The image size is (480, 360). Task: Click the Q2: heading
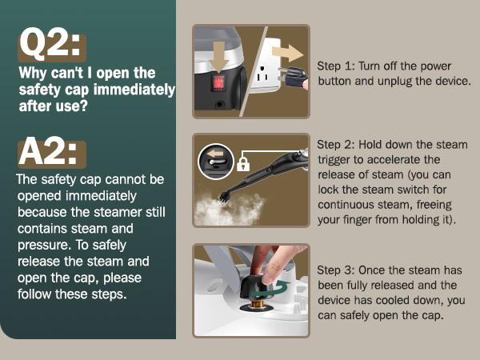coord(50,44)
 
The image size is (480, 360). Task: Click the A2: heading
coord(48,151)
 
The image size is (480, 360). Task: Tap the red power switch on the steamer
coord(219,83)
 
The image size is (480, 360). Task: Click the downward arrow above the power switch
coord(218,56)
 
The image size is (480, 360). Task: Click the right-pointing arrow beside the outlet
coord(287,53)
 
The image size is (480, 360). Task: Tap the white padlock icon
coord(243,164)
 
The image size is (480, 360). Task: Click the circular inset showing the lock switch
coord(216,162)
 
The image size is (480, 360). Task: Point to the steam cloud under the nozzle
coord(229,209)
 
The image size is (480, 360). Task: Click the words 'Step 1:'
coord(335,66)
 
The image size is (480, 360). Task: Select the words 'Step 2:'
coord(335,145)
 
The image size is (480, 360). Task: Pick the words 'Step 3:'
coord(335,270)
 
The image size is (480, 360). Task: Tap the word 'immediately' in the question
coord(134,90)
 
